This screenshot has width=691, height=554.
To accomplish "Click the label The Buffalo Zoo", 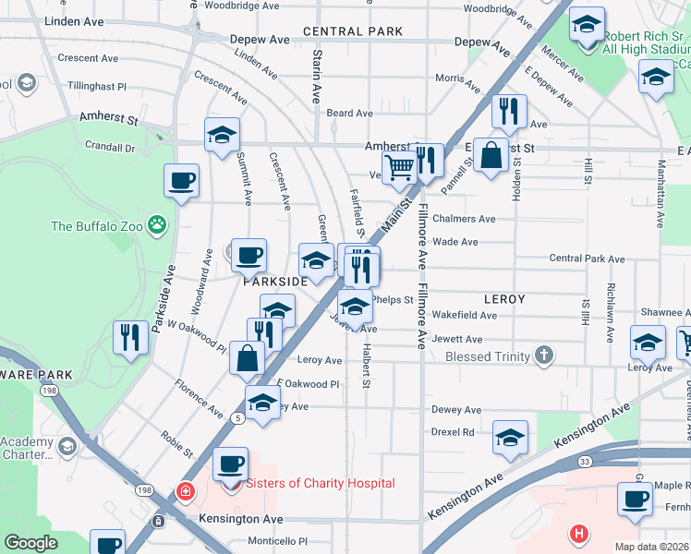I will tap(100, 225).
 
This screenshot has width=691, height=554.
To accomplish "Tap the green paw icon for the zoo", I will tap(159, 223).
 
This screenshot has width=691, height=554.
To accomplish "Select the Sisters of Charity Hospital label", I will tap(320, 483).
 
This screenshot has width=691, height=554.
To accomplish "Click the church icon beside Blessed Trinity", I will tap(545, 355).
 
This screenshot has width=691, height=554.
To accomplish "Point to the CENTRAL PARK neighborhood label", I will tap(352, 31).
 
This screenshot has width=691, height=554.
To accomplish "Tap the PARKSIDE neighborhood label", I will tap(274, 282).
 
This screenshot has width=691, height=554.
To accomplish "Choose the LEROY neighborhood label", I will tap(503, 299).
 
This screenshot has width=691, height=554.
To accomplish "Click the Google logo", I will tap(30, 543).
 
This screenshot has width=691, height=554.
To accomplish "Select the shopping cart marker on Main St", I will tap(398, 168).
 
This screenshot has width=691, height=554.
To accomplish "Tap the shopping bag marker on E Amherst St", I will tap(492, 155).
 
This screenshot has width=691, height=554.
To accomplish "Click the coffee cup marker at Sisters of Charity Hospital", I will tap(230, 463).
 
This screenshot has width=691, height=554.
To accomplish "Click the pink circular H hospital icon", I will tap(579, 533).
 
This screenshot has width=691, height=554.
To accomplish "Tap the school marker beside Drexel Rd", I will tap(510, 439).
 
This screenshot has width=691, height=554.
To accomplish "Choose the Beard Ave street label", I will tap(349, 114).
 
